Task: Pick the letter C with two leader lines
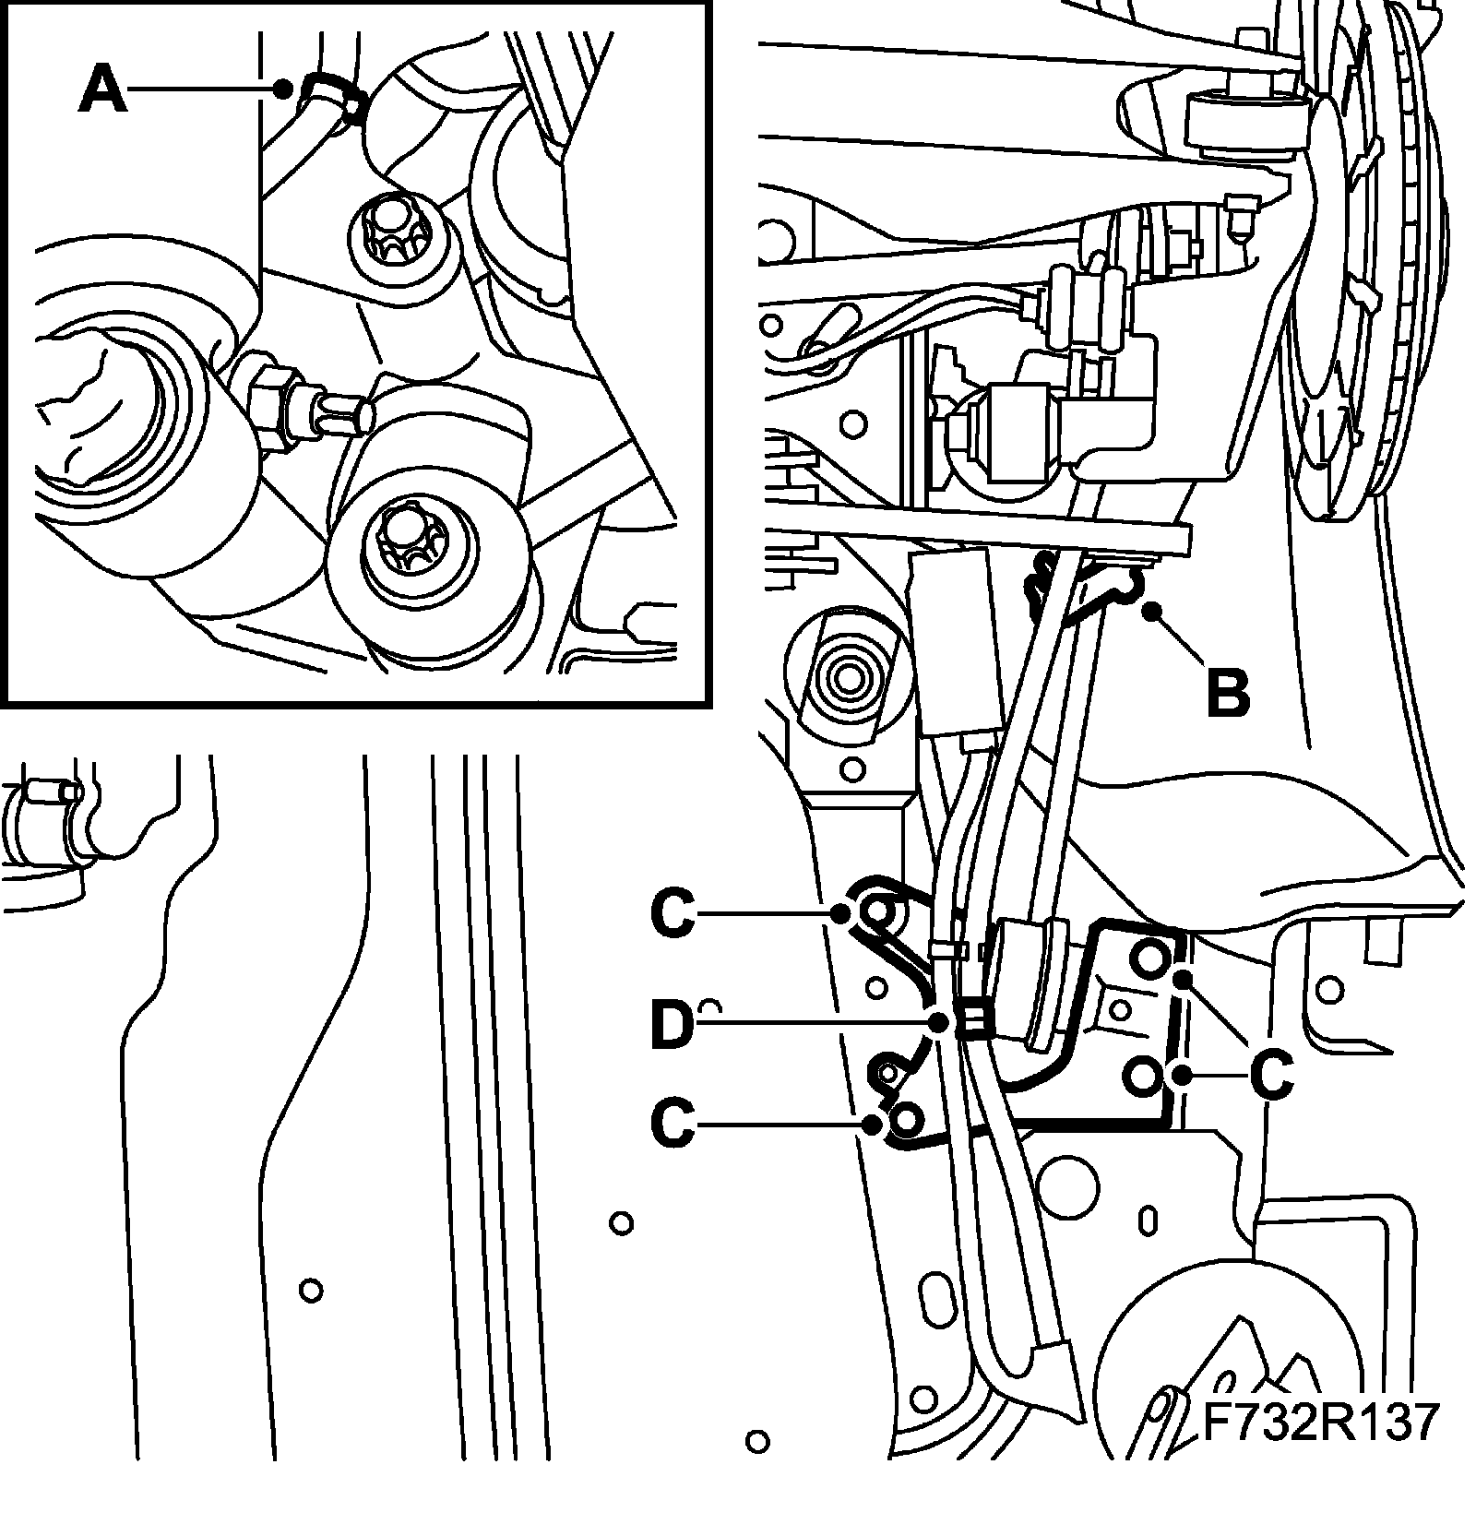(x=1270, y=1074)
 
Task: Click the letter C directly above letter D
(x=673, y=913)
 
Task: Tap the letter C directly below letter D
(x=673, y=1123)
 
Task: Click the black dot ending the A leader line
(x=285, y=89)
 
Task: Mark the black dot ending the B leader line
(x=1149, y=611)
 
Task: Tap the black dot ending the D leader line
(x=939, y=1022)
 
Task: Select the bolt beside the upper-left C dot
(x=875, y=912)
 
